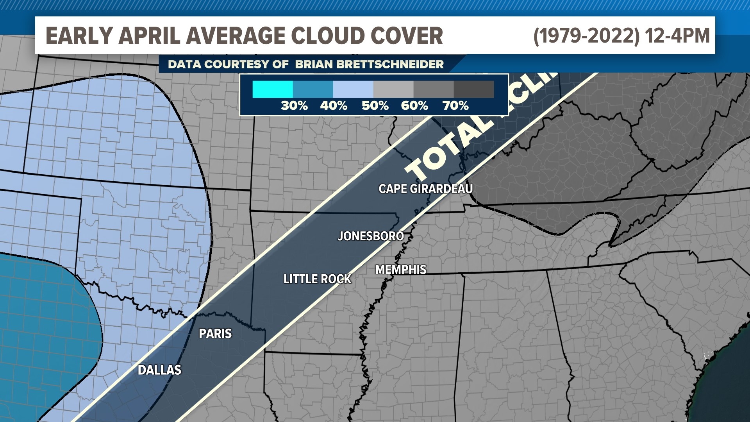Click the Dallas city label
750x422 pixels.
pos(159,370)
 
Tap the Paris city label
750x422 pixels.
pos(215,333)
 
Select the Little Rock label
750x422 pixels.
pos(317,279)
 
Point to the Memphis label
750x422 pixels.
pos(401,270)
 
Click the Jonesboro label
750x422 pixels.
pos(371,236)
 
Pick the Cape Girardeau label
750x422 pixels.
pos(425,189)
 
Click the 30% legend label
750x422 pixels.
pos(294,105)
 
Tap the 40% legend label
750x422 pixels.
pos(334,105)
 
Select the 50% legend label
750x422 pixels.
pos(375,105)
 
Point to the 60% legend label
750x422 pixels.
pos(414,105)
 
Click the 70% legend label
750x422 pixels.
pos(455,105)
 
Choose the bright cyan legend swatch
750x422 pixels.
pos(273,89)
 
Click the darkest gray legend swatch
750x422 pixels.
pos(474,89)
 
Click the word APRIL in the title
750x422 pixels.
pos(149,36)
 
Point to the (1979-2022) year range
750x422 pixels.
pos(586,36)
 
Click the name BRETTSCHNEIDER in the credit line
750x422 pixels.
pos(370,64)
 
